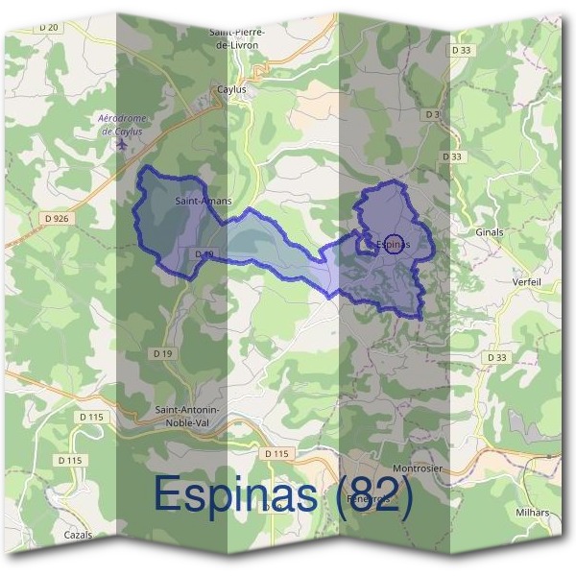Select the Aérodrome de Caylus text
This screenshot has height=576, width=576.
[x=121, y=125]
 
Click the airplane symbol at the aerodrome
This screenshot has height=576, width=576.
[x=121, y=145]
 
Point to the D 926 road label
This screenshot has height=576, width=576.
[x=58, y=219]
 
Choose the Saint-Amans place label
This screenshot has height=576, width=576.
[x=197, y=203]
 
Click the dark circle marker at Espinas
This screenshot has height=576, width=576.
[x=393, y=244]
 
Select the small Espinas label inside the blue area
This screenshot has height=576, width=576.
[x=396, y=244]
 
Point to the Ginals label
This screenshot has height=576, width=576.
[x=489, y=232]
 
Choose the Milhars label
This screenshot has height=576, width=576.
[x=531, y=513]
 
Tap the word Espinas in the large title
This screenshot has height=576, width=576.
[x=236, y=493]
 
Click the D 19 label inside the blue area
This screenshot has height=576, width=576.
[x=203, y=253]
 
